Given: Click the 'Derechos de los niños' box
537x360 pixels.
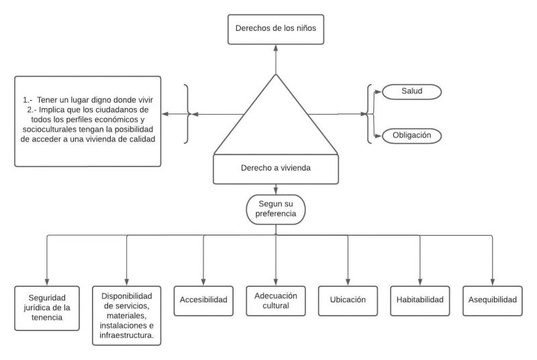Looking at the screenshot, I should (x=275, y=29).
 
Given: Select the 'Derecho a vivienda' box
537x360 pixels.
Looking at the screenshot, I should (x=275, y=169).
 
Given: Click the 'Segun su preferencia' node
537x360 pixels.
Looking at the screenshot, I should (x=276, y=210).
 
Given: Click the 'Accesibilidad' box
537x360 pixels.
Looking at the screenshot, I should (x=202, y=300).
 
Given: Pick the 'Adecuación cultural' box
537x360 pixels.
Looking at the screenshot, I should (x=276, y=300).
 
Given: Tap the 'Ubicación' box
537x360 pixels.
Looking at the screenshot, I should (x=348, y=300).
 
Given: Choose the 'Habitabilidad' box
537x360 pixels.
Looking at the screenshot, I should (x=420, y=300).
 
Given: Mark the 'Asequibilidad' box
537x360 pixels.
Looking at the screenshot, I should (x=492, y=300).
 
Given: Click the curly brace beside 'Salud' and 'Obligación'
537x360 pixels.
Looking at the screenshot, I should (x=369, y=114).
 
